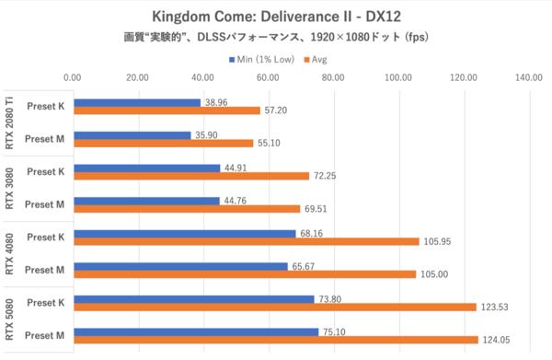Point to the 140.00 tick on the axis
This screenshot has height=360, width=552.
(528, 79)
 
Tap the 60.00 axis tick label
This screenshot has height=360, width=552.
(269, 79)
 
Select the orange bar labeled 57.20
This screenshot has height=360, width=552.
(167, 110)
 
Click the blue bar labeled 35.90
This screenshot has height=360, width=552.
(132, 134)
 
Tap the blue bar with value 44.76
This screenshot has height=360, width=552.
(147, 201)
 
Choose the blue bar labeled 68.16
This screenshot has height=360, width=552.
(185, 234)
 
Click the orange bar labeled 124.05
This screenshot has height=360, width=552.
(275, 340)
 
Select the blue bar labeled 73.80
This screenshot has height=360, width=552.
(194, 299)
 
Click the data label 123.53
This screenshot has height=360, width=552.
(497, 307)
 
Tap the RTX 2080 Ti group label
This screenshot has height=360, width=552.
(11, 123)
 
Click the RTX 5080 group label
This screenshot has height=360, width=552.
(11, 320)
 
